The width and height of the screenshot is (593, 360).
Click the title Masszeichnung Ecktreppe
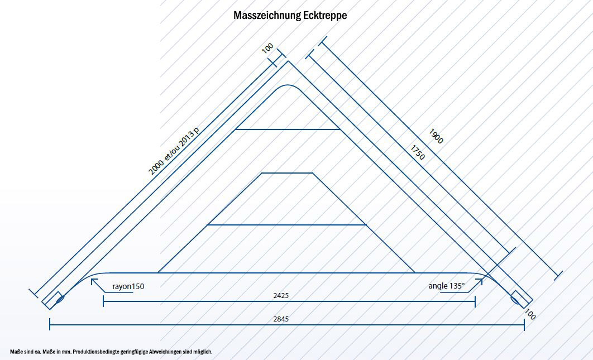click(x=290, y=16)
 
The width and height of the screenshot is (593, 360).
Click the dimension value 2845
click(x=281, y=319)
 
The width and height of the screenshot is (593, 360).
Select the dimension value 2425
click(x=281, y=295)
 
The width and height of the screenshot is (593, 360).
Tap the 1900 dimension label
click(x=436, y=136)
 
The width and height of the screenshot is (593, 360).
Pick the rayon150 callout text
click(x=128, y=286)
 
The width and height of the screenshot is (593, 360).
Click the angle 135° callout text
click(x=446, y=286)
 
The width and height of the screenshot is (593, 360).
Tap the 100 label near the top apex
click(x=267, y=49)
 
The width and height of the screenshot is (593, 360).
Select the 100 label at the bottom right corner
click(x=530, y=315)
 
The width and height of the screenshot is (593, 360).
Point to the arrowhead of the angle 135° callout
click(x=481, y=281)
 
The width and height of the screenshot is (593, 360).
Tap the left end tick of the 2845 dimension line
click(x=50, y=324)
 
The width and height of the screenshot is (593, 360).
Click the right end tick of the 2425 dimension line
click(x=475, y=301)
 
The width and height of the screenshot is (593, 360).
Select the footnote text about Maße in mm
click(x=112, y=352)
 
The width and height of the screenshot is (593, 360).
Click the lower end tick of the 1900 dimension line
click(x=558, y=275)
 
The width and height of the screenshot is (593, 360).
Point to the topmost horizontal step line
click(x=288, y=129)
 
